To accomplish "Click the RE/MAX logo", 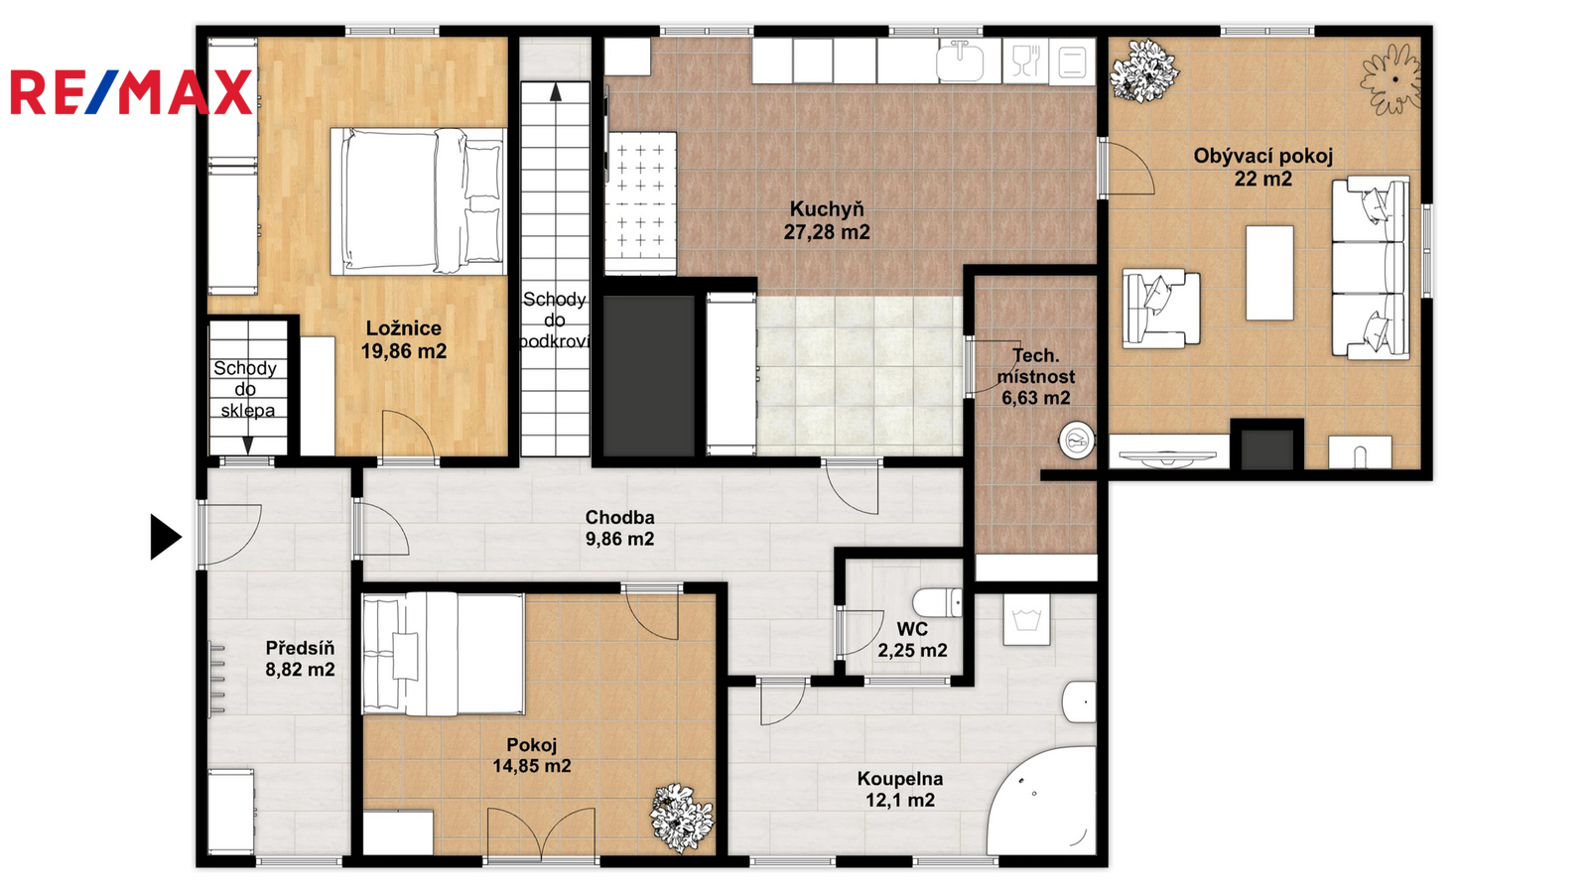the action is (x=131, y=92).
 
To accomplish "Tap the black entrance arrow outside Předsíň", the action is (x=166, y=537).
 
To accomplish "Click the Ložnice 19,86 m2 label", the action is (x=403, y=339).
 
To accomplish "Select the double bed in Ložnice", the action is (x=418, y=201).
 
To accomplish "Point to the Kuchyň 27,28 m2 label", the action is (x=827, y=220).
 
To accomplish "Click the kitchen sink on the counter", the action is (x=961, y=61).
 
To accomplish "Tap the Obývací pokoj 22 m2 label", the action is (x=1263, y=168).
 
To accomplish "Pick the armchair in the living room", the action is (x=1160, y=309).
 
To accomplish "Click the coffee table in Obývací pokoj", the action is (x=1269, y=273).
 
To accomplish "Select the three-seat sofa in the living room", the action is (x=1370, y=267).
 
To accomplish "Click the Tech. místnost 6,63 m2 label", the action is (x=1036, y=376).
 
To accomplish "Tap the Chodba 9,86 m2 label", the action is (x=619, y=528).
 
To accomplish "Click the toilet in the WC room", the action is (x=937, y=602).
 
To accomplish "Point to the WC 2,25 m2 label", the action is (x=912, y=639).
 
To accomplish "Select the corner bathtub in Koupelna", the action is (x=1042, y=801).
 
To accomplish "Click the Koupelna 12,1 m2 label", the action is (x=900, y=789).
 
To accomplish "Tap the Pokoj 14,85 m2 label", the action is (x=532, y=755).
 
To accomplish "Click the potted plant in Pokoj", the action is (x=681, y=818).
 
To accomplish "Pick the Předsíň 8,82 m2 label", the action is (x=300, y=659).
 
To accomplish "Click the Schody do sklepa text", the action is (x=246, y=389).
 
